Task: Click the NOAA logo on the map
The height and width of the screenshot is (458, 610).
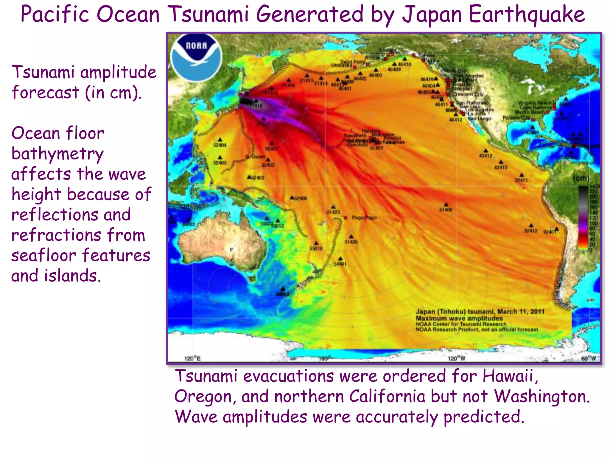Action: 196,57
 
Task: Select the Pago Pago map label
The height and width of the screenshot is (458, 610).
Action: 364,218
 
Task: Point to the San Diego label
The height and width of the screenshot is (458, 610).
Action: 479,119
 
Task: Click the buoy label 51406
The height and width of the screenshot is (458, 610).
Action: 446,210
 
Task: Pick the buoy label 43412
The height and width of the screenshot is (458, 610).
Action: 485,156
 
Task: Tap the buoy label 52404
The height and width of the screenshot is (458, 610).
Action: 220,145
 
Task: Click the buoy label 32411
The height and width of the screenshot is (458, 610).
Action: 521,180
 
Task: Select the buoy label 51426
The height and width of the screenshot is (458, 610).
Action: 351,242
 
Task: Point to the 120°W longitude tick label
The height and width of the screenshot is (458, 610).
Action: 457,358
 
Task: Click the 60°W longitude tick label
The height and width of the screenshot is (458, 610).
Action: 589,358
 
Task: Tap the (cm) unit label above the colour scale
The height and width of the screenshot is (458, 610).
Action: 581,178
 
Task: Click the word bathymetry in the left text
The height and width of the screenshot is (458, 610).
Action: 57,154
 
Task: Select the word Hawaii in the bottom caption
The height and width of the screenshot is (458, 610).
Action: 510,376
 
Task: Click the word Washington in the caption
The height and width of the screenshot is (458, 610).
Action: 541,397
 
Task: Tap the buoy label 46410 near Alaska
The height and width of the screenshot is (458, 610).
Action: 404,64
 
